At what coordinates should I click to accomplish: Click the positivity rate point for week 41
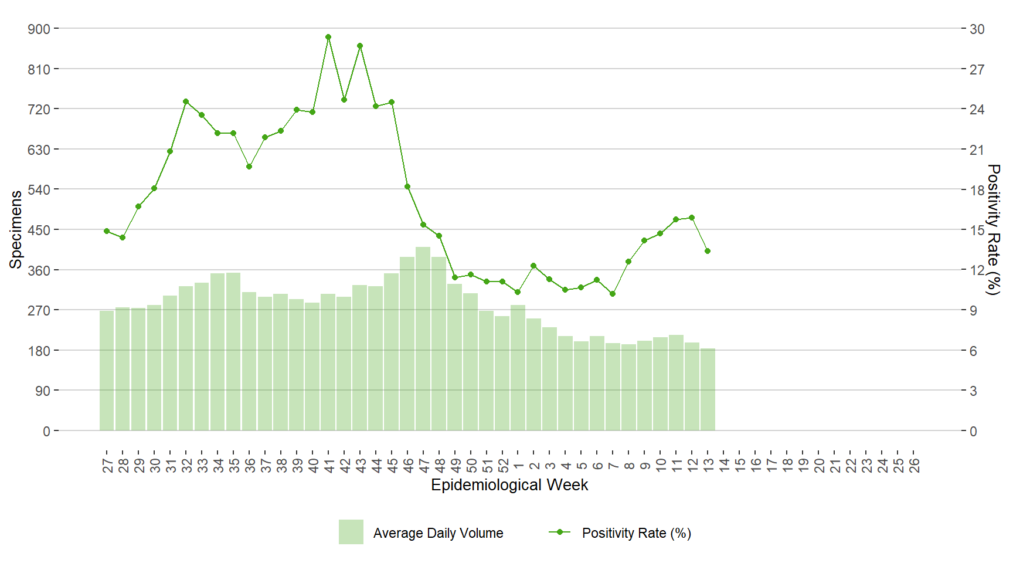[x=328, y=37]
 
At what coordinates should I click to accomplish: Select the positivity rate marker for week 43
[x=360, y=46]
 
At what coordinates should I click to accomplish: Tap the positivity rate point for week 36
[x=249, y=167]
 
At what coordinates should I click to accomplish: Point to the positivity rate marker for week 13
[x=708, y=251]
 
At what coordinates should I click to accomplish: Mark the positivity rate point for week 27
[x=107, y=231]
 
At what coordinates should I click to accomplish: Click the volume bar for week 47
[x=423, y=338]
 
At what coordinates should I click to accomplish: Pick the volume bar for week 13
[x=708, y=389]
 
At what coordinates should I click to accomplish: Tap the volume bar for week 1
[x=518, y=368]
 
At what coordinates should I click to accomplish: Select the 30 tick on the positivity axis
[x=977, y=29]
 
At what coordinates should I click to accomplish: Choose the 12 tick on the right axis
[x=977, y=270]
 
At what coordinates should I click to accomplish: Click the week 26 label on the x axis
[x=915, y=465]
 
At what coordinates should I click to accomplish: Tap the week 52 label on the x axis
[x=503, y=465]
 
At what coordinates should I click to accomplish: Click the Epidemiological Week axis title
[x=509, y=485]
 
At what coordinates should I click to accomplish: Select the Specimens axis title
[x=16, y=229]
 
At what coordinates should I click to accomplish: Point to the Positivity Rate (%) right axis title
[x=993, y=229]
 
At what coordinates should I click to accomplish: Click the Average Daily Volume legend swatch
[x=351, y=532]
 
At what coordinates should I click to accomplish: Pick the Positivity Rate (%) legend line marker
[x=560, y=532]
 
